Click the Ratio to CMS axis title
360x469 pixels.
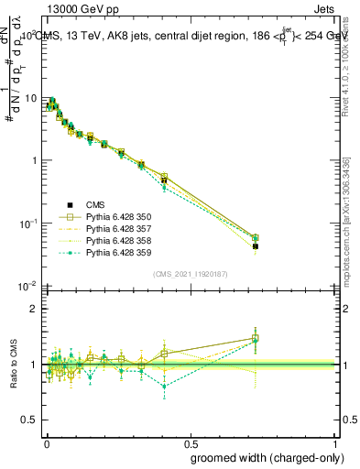coord(13,364)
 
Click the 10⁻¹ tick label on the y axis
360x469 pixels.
coord(27,224)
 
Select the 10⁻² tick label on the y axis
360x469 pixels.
coord(27,287)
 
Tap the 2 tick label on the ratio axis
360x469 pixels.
coord(32,309)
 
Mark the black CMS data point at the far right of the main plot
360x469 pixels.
coord(256,246)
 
